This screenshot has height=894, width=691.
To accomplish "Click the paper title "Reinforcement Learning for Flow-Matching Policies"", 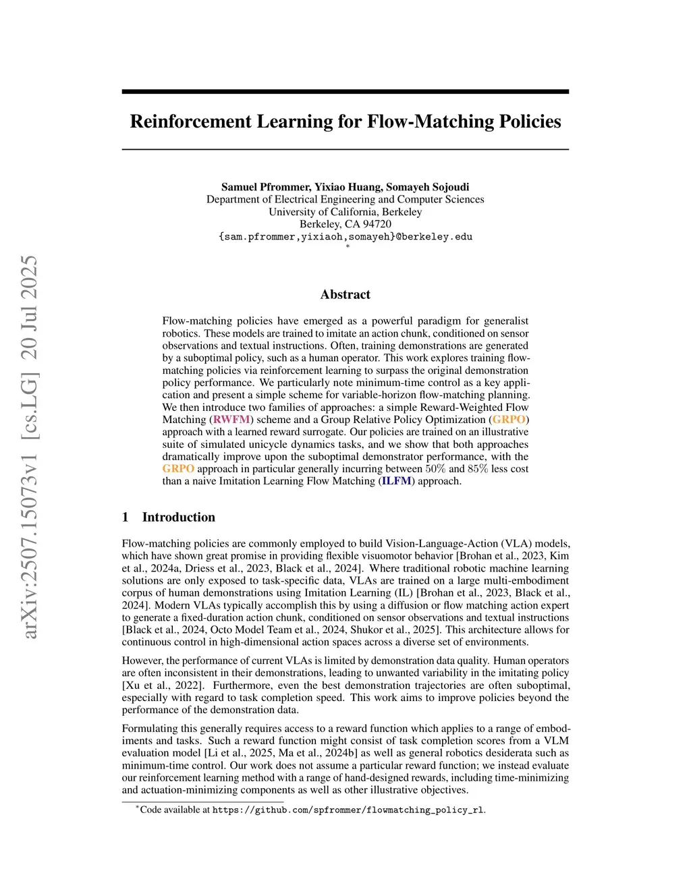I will [345, 121].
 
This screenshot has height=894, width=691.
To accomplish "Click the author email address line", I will [345, 237].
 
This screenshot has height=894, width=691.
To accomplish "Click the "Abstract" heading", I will [345, 294].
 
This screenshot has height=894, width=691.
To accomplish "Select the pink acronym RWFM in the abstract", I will [231, 420].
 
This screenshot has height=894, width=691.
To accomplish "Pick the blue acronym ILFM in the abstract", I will [396, 481].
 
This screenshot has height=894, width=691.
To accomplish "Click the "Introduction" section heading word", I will [178, 518].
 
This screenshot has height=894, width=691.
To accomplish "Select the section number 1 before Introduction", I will [126, 518].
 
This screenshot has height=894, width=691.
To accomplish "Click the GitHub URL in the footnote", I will [348, 810].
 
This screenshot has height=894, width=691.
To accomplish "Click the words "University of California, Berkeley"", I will [345, 212].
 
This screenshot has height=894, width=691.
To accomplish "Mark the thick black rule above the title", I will [345, 91].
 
